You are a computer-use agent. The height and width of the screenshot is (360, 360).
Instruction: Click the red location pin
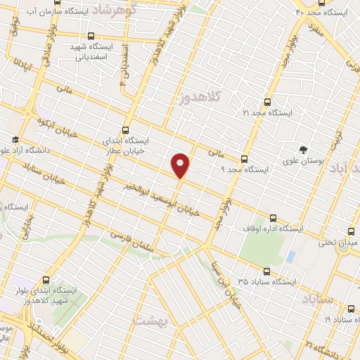click(x=181, y=164)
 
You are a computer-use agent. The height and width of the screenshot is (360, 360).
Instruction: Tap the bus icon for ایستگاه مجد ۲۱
click(x=266, y=102)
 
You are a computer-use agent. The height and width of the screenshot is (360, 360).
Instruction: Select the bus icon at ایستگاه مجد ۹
click(x=244, y=159)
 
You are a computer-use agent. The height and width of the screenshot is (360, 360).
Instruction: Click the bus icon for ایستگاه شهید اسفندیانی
click(x=90, y=36)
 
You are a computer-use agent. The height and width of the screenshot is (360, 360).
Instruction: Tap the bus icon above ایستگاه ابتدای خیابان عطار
click(x=125, y=130)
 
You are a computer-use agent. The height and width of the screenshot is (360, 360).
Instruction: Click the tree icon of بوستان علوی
click(x=303, y=148)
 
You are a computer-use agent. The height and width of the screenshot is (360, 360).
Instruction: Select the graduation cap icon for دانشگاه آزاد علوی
click(x=15, y=139)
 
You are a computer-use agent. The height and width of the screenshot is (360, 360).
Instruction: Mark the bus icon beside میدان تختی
click(x=350, y=230)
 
